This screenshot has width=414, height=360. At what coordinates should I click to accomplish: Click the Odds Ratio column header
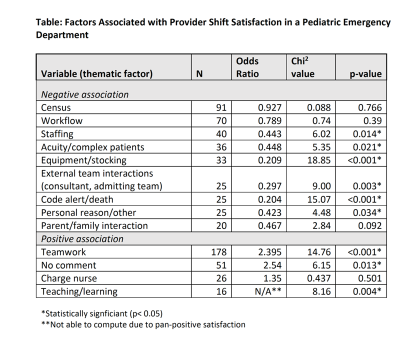247,67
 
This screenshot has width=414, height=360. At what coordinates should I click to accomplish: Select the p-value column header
365,74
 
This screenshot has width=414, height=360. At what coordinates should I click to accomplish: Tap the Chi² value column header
303,67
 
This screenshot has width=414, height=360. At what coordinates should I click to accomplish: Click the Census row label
56,108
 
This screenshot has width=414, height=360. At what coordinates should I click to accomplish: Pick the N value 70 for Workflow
221,121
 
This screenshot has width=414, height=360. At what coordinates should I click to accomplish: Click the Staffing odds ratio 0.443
270,134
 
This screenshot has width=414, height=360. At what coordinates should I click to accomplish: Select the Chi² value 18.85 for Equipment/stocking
319,160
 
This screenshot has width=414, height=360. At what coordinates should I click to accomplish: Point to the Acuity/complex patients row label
92,147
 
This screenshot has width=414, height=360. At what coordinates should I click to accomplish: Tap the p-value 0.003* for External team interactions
367,186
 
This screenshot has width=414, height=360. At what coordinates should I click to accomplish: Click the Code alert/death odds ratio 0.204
270,199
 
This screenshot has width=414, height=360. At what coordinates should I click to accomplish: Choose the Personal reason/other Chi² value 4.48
321,213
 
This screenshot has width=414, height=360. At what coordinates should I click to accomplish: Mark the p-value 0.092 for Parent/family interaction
370,226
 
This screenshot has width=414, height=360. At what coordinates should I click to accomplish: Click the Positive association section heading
82,239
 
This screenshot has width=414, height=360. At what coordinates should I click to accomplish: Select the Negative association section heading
85,94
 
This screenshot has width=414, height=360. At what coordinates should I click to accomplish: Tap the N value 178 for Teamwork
219,252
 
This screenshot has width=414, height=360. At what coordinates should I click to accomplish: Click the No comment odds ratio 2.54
272,265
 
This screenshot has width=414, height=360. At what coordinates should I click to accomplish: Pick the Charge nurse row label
69,278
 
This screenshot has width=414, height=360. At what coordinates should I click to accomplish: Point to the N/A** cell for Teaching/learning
268,291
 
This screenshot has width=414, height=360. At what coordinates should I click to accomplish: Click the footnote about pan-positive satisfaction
143,324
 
